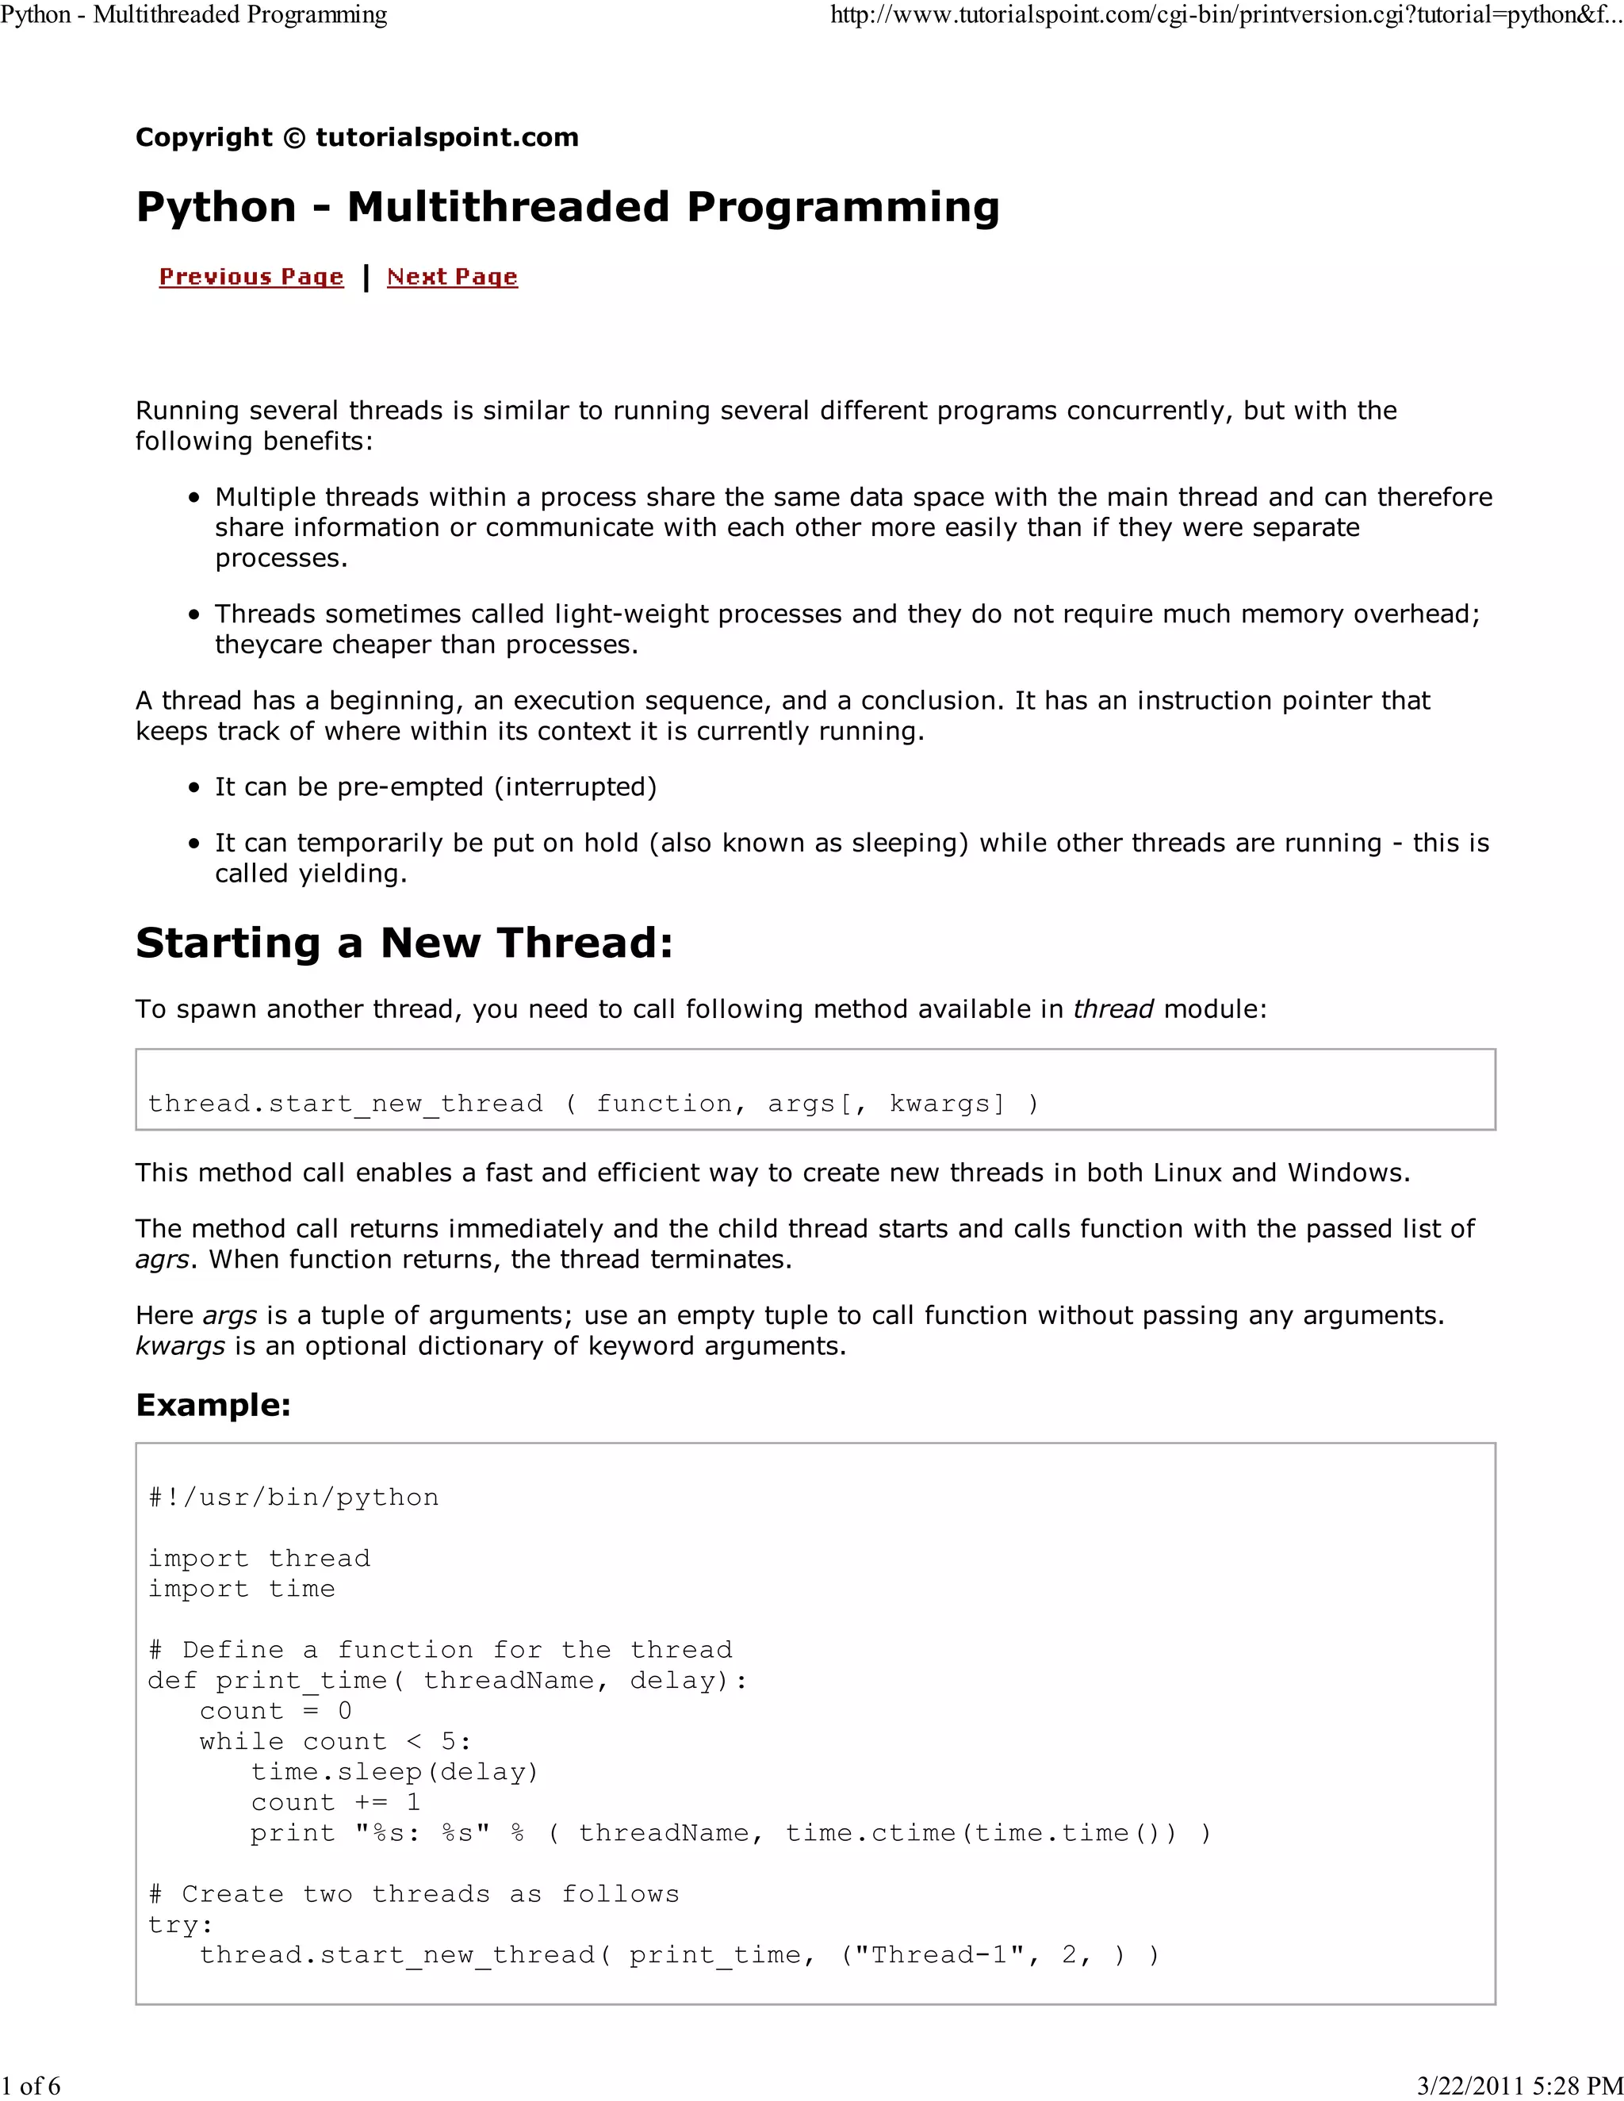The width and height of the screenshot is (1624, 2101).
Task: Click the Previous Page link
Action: (x=251, y=277)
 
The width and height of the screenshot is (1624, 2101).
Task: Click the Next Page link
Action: (x=452, y=277)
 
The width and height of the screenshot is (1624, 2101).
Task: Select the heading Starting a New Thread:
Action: (x=404, y=943)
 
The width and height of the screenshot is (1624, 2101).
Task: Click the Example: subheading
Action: (x=213, y=1405)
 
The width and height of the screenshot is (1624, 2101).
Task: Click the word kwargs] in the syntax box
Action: (x=948, y=1104)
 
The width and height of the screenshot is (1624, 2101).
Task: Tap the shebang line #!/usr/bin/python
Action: (x=293, y=1498)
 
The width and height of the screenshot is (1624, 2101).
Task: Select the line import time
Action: (x=242, y=1589)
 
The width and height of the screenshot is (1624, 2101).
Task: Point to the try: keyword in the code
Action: (x=180, y=1925)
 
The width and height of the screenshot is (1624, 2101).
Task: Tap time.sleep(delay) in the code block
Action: (x=394, y=1772)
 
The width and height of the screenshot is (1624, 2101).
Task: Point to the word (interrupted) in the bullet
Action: (x=576, y=787)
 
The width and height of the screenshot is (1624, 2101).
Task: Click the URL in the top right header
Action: (x=1226, y=15)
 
